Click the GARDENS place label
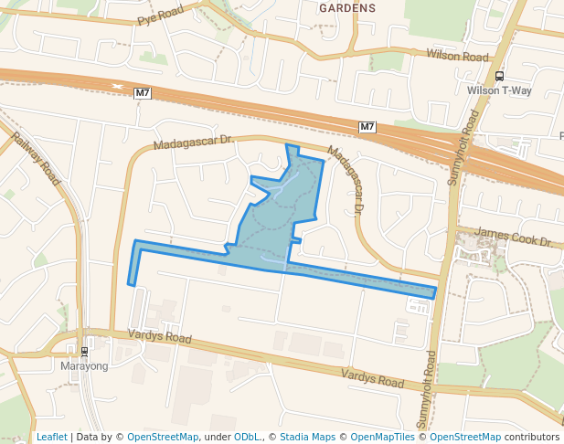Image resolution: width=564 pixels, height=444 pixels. click(346, 8)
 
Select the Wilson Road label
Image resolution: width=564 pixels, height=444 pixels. click(458, 56)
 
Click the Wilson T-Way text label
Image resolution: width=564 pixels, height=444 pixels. click(498, 90)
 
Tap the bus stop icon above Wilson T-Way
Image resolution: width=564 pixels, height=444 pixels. click(499, 77)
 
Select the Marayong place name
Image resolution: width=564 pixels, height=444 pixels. click(83, 366)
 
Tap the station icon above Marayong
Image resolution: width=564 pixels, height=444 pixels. click(84, 352)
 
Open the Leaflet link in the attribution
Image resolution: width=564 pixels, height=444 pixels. click(51, 437)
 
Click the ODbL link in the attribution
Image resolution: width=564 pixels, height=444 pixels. click(245, 437)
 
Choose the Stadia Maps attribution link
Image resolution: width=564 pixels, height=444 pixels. click(307, 437)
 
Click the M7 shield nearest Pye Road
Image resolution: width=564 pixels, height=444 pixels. click(142, 93)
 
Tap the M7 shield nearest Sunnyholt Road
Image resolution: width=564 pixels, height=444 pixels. click(367, 126)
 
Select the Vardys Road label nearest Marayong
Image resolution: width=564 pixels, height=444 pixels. click(159, 338)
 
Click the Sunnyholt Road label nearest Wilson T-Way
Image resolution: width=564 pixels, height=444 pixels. click(464, 147)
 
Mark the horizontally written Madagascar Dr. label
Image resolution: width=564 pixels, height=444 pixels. click(194, 143)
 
